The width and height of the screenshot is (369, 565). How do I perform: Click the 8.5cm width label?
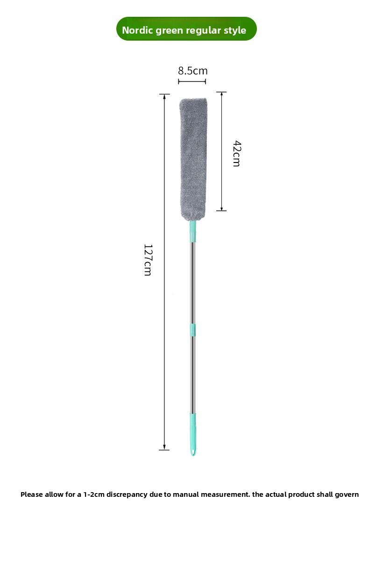pos(192,71)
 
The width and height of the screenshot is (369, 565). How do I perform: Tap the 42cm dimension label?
pos(236,153)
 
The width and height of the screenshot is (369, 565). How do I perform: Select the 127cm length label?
pos(148,260)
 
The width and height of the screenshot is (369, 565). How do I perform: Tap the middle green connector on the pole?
pos(192,329)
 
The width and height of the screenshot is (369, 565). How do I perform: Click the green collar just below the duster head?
pos(192,232)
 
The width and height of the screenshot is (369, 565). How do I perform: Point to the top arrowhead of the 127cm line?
pos(164,96)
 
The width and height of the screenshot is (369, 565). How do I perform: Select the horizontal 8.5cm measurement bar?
pos(192,81)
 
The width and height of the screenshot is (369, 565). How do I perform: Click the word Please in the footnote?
pos(31,494)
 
